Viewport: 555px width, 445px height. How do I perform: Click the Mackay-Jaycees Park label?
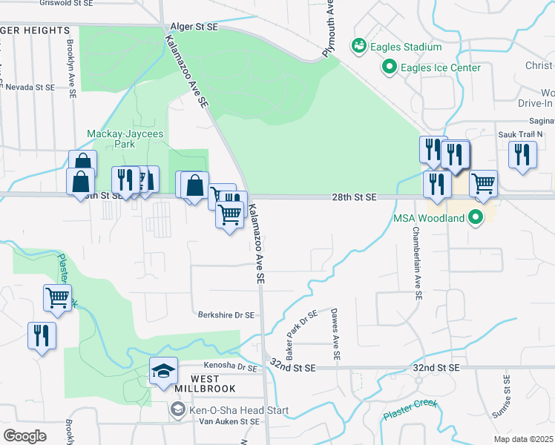tap(125, 139)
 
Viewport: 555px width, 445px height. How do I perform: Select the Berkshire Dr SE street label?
tap(226, 314)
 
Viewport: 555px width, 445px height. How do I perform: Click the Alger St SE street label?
tap(194, 27)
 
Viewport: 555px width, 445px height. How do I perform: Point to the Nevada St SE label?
tap(30, 87)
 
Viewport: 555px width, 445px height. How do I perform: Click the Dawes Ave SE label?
tap(335, 334)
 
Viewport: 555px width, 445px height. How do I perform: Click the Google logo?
tap(24, 435)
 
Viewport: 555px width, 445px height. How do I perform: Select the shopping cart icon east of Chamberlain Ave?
tap(483, 182)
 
